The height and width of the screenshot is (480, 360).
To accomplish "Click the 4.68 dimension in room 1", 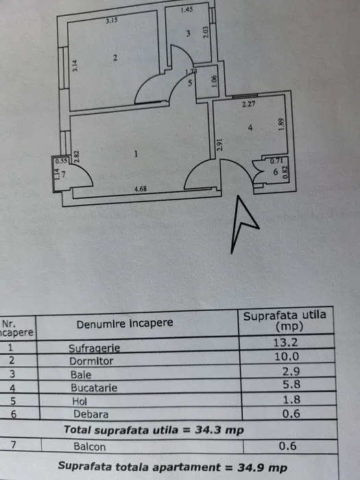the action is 141,189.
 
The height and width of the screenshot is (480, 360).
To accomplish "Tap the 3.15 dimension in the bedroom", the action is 112,21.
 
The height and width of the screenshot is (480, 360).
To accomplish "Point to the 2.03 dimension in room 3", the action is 206,32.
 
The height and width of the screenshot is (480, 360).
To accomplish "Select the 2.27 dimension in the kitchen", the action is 248,104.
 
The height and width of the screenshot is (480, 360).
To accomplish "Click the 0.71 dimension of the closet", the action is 276,160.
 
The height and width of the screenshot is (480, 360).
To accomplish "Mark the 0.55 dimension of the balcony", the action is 61,160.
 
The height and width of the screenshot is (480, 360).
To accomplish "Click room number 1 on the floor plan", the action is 136,154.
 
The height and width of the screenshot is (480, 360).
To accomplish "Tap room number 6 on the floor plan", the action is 276,172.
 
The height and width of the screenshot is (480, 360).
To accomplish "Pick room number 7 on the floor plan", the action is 64,174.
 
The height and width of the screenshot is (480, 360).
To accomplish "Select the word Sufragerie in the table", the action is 95,348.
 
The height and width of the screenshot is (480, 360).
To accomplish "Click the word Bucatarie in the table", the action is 94,388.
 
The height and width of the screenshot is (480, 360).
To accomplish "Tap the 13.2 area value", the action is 285,342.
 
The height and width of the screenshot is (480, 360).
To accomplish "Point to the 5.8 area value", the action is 291,384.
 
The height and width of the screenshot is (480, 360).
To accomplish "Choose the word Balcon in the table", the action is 90,446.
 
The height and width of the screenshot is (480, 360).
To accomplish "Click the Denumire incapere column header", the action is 125,324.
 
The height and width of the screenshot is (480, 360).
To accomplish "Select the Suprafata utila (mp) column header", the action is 285,321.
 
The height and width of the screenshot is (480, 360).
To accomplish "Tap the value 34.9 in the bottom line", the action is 250,468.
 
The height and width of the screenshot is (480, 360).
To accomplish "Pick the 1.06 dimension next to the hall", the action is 214,81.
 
